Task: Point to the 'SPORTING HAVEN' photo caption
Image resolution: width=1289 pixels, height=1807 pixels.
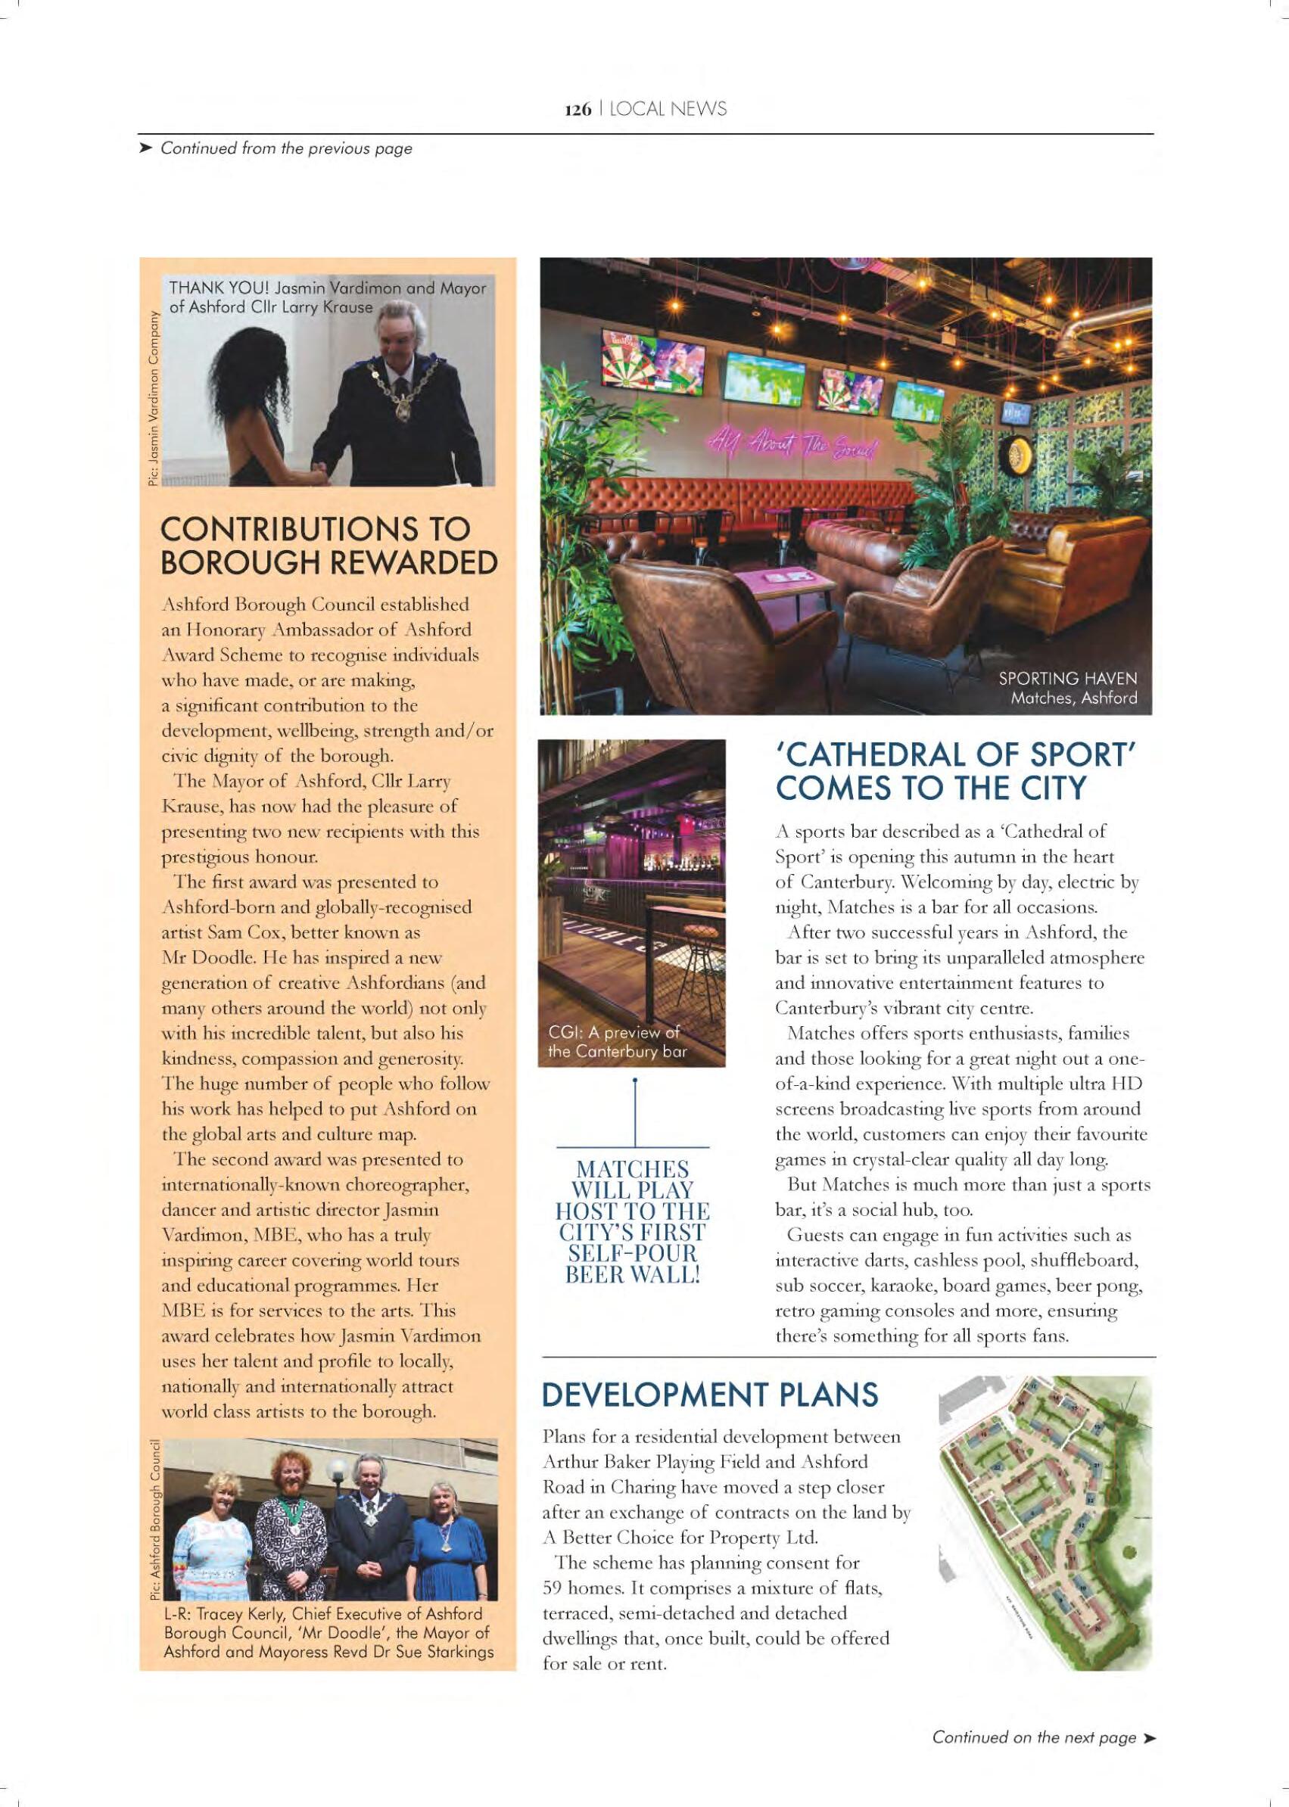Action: (x=1067, y=679)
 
